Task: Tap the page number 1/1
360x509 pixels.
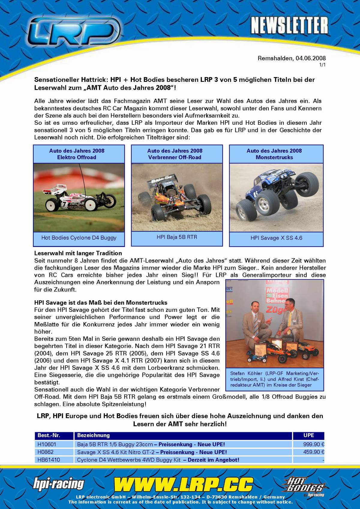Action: pos(322,65)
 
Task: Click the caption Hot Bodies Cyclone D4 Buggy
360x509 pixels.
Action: pos(79,238)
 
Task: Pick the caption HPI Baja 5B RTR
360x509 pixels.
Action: pos(177,237)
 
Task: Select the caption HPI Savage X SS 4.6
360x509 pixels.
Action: pos(276,238)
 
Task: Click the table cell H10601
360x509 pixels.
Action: pos(47,445)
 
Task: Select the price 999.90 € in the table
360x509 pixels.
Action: pos(313,445)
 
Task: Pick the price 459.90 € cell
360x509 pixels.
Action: pos(313,452)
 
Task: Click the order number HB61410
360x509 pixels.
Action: pos(49,460)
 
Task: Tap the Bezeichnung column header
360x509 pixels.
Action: pos(93,435)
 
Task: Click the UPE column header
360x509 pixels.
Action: pos(309,435)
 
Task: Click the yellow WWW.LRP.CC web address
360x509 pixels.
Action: pos(183,484)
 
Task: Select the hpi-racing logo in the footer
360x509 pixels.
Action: pos(58,484)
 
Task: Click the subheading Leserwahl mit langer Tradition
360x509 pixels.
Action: pos(78,253)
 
